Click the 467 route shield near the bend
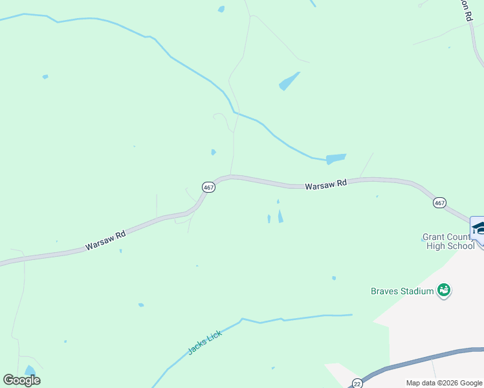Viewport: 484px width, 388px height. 208,187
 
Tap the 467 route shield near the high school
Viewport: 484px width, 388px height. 439,203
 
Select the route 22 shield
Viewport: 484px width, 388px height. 357,383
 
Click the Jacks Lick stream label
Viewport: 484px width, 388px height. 204,342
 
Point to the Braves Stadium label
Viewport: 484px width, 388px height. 402,291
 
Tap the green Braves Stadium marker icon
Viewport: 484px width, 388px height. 444,291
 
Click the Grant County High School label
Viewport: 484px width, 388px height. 448,241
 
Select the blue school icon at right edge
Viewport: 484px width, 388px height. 478,227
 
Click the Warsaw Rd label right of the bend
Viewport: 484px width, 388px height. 325,184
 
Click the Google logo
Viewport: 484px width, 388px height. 21,380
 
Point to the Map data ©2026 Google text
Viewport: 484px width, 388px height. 444,383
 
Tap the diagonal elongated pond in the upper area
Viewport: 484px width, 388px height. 289,81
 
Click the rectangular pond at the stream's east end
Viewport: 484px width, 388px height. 336,158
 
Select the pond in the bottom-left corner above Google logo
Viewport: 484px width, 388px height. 30,371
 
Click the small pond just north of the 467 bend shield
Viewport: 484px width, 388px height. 214,153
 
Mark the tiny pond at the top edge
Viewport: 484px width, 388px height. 221,9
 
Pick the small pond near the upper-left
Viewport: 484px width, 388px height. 45,77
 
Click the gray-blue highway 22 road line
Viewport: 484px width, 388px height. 421,360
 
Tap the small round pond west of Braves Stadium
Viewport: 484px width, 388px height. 334,278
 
